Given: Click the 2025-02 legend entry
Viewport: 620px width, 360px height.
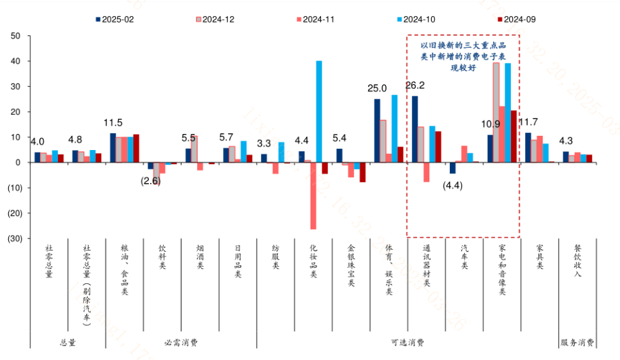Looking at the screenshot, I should [118, 19].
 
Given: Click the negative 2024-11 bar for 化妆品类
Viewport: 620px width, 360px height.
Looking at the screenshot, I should [313, 196].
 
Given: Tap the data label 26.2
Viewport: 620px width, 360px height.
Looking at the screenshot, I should [415, 86].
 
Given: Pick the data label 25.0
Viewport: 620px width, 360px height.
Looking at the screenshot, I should [377, 88].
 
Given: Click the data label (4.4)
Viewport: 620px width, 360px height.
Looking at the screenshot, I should [454, 185].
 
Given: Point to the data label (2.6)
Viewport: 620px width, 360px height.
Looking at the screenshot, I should [150, 181].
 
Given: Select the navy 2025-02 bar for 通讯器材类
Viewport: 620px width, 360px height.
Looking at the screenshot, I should [414, 129].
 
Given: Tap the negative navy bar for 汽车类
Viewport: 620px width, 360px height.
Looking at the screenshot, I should [452, 168].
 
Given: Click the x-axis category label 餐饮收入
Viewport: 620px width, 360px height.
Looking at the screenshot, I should [577, 261].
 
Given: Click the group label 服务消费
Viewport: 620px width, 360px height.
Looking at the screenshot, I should [577, 343].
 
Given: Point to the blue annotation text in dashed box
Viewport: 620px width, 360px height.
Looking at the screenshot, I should [463, 56].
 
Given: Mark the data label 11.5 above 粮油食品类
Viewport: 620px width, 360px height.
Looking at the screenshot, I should [113, 122].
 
